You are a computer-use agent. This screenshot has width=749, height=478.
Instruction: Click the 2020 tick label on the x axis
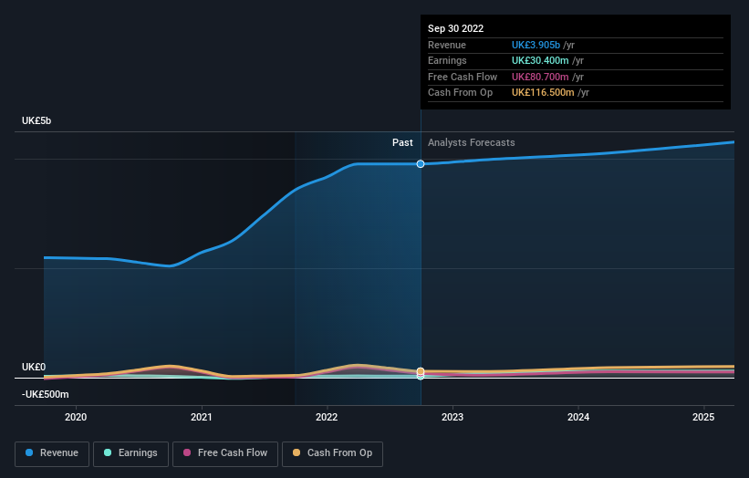[x=76, y=417]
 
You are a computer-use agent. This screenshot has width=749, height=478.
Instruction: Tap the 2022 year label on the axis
[x=327, y=417]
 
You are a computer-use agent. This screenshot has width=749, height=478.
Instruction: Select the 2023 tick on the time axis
[x=453, y=417]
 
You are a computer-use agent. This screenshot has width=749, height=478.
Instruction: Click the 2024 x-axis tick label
[x=578, y=417]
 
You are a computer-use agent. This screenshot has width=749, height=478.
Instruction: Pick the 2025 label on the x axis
[x=703, y=417]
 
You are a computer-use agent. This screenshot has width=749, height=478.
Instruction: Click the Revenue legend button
[x=52, y=453]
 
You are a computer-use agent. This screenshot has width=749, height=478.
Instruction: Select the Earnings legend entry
[x=130, y=453]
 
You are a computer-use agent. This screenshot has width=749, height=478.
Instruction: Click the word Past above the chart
[x=402, y=142]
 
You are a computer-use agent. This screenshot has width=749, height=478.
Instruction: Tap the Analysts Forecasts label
[x=471, y=142]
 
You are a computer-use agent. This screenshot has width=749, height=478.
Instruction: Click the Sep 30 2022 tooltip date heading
[x=455, y=28]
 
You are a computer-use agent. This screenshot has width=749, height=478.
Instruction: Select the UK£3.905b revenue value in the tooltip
[x=542, y=45]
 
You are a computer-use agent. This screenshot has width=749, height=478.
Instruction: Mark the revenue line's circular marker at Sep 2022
[x=421, y=164]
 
